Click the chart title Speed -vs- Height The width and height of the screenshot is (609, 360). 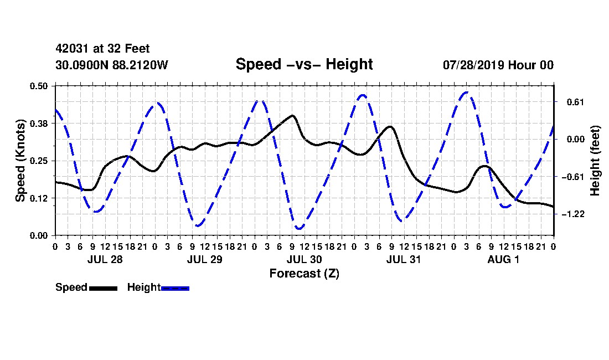pos(304,64)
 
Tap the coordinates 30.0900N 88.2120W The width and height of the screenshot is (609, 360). pos(112,65)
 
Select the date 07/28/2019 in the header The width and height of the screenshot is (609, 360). pos(473,65)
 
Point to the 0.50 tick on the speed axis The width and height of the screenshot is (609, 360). pos(39,86)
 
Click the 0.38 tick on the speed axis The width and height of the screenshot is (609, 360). pos(39,124)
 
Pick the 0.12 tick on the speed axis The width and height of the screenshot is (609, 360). pos(39,198)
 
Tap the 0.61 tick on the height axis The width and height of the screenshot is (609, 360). pos(576,102)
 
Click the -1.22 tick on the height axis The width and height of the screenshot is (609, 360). pos(573,214)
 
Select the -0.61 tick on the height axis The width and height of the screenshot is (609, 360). pos(573,177)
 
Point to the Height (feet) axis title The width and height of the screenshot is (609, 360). pos(595,161)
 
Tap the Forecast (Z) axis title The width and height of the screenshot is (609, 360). pos(304,274)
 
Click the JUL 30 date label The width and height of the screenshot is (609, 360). pos(304,259)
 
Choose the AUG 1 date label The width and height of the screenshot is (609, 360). pos(503,259)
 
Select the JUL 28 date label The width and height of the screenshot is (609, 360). pos(105,259)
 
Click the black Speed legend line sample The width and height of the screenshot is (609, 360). pos(104,288)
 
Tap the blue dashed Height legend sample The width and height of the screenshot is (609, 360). pos(175,288)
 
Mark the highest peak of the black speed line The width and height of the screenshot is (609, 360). pos(292,115)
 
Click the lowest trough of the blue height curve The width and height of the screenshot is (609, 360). pos(298,228)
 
